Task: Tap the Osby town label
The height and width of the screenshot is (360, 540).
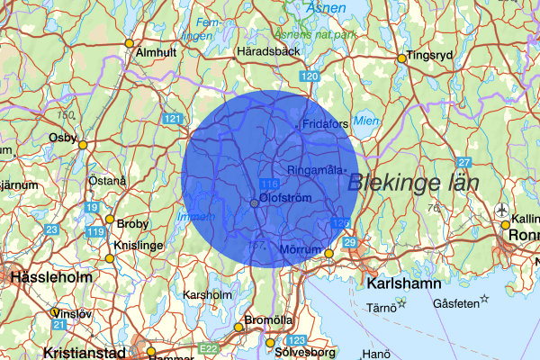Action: tap(64, 137)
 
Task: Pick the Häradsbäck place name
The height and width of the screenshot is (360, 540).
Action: tap(266, 52)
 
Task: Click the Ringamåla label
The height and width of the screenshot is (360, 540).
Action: tap(315, 170)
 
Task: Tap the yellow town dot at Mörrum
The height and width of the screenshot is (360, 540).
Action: tap(329, 253)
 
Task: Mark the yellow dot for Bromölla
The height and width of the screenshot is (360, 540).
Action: tap(238, 327)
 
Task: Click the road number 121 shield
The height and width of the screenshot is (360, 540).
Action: tap(173, 119)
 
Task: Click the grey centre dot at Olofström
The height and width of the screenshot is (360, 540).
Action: tap(255, 204)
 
